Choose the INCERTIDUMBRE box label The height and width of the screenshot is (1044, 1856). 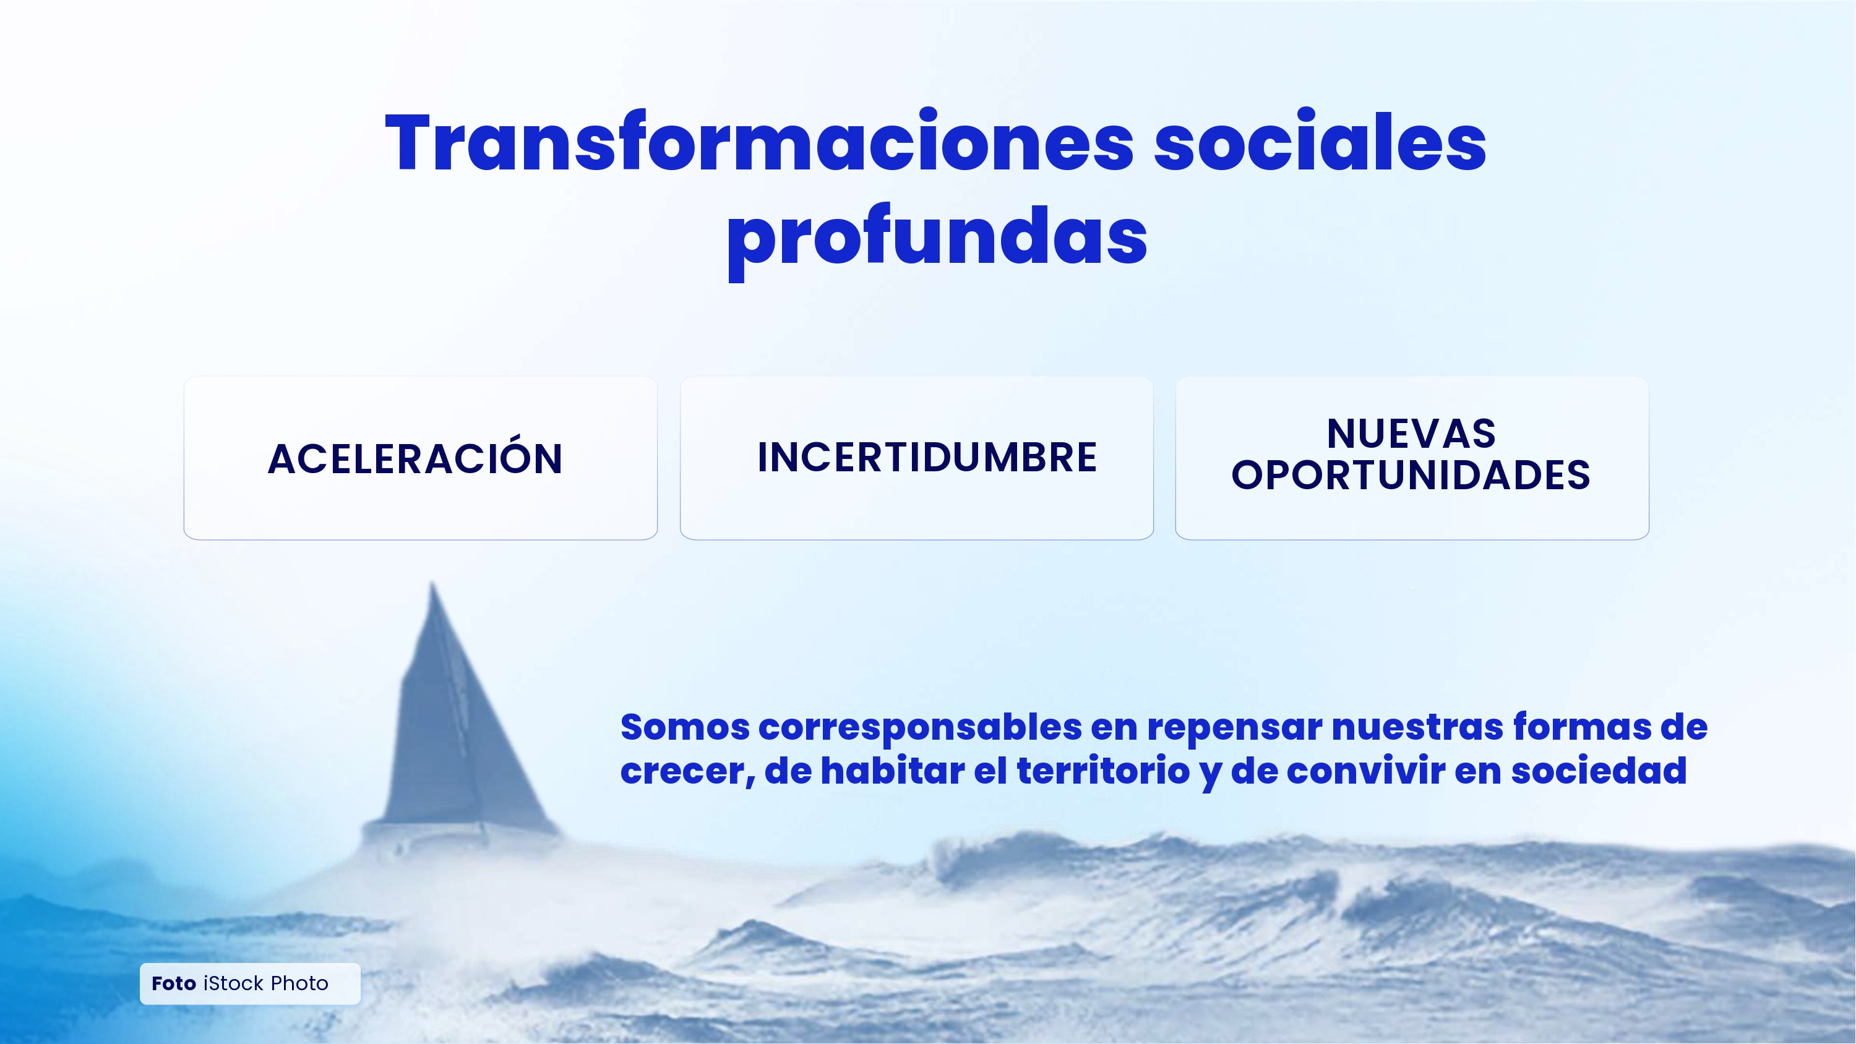tap(927, 458)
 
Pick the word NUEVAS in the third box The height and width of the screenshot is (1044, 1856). tap(1411, 434)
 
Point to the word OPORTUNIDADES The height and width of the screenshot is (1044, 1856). tap(1411, 476)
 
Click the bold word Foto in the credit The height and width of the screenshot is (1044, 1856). tap(174, 983)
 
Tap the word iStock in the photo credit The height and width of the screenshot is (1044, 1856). tap(233, 983)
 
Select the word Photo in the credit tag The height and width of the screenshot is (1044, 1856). tap(299, 983)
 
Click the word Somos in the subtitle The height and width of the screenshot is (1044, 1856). tap(684, 727)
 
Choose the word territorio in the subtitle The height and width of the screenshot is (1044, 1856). tap(1103, 771)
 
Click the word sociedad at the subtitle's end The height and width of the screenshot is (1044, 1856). tap(1599, 771)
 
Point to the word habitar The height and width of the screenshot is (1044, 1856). tap(893, 771)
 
